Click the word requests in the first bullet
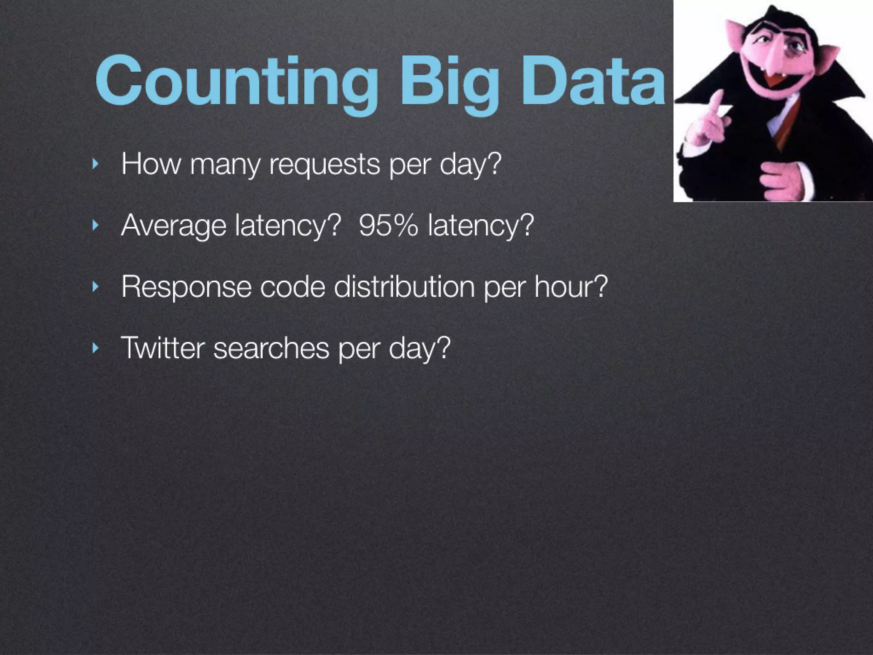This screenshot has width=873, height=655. (x=324, y=165)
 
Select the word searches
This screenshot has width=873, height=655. (x=271, y=348)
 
